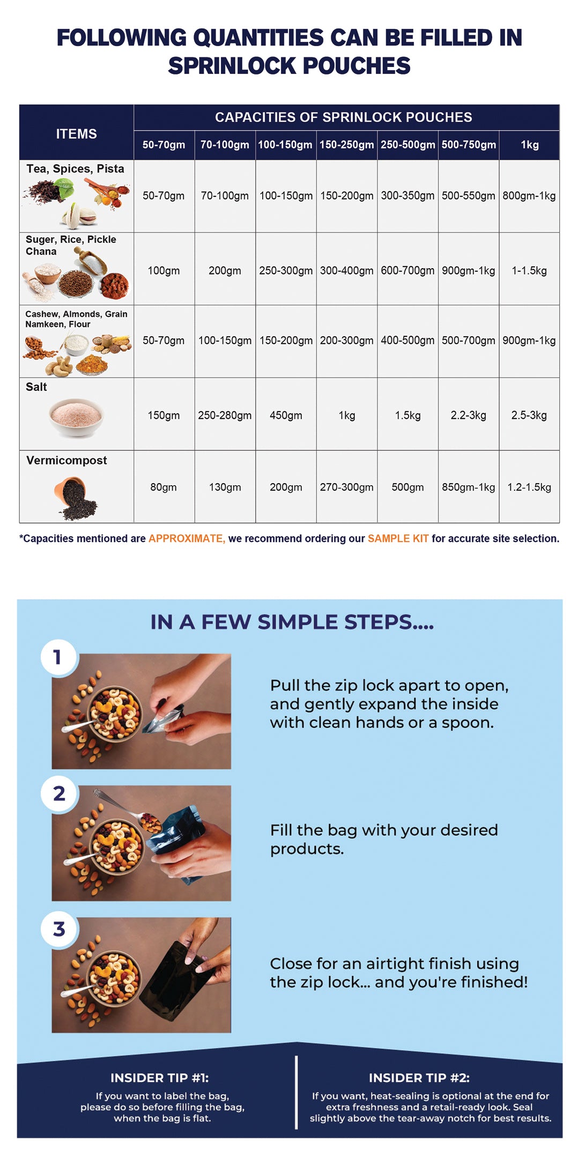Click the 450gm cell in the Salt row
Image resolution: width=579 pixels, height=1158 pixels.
point(286,415)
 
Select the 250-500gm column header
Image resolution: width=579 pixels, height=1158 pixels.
point(408,145)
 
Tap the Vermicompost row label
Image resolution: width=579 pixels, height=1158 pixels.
point(66,461)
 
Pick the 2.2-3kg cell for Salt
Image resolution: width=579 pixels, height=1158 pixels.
point(469,415)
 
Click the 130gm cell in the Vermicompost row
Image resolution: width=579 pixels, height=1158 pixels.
point(225,487)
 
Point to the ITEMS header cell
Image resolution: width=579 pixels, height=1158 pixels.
point(77,134)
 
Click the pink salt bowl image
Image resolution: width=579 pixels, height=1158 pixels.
point(76,417)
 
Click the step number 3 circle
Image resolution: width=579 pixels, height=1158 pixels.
point(60,929)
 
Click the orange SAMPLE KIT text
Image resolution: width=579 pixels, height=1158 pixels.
point(398,538)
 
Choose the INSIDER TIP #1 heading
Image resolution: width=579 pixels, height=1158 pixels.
point(160,1078)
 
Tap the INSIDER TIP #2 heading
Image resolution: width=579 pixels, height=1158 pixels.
point(419,1078)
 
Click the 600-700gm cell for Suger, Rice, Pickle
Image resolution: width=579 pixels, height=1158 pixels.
point(408,271)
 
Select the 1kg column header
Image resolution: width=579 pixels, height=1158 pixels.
point(530,145)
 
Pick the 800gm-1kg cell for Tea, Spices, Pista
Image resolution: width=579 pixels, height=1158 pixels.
point(529,196)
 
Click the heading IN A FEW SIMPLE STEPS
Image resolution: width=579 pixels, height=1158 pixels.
point(292,622)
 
